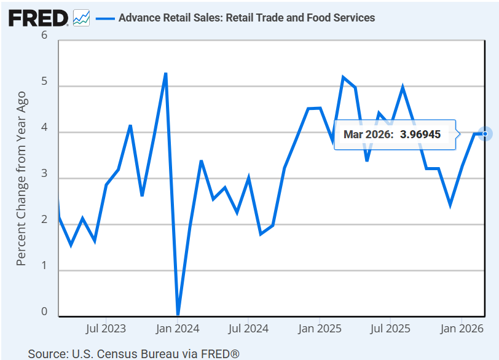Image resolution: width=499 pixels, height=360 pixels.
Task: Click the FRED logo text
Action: point(38,18)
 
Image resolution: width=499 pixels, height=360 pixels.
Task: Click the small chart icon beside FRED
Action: point(81,18)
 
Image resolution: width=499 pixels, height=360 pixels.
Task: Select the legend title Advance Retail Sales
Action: point(246,18)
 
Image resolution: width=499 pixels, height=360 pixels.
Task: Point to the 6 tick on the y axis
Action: point(44,36)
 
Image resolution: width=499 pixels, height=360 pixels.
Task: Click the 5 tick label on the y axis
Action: point(44,82)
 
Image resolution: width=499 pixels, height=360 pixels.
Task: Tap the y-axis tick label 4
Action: point(44,128)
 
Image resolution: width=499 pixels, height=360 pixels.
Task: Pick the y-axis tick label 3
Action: point(44,174)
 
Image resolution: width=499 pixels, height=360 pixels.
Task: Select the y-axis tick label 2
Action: point(44,220)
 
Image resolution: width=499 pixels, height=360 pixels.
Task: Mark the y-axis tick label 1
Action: point(44,266)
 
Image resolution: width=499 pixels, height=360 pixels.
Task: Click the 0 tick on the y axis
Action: point(44,311)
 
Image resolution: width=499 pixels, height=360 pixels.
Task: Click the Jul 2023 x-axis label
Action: point(106,329)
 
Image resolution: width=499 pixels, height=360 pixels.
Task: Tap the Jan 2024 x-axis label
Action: point(178,329)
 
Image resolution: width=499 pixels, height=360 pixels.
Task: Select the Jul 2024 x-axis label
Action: point(248,329)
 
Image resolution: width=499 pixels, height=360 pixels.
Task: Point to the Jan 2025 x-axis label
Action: point(320,329)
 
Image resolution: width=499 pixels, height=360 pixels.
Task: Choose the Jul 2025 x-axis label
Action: point(390,329)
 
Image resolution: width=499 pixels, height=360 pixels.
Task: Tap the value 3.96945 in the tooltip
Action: point(420,134)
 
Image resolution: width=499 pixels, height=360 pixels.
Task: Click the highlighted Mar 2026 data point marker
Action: point(485,133)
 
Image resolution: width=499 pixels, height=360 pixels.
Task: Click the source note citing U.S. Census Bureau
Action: point(133,353)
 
